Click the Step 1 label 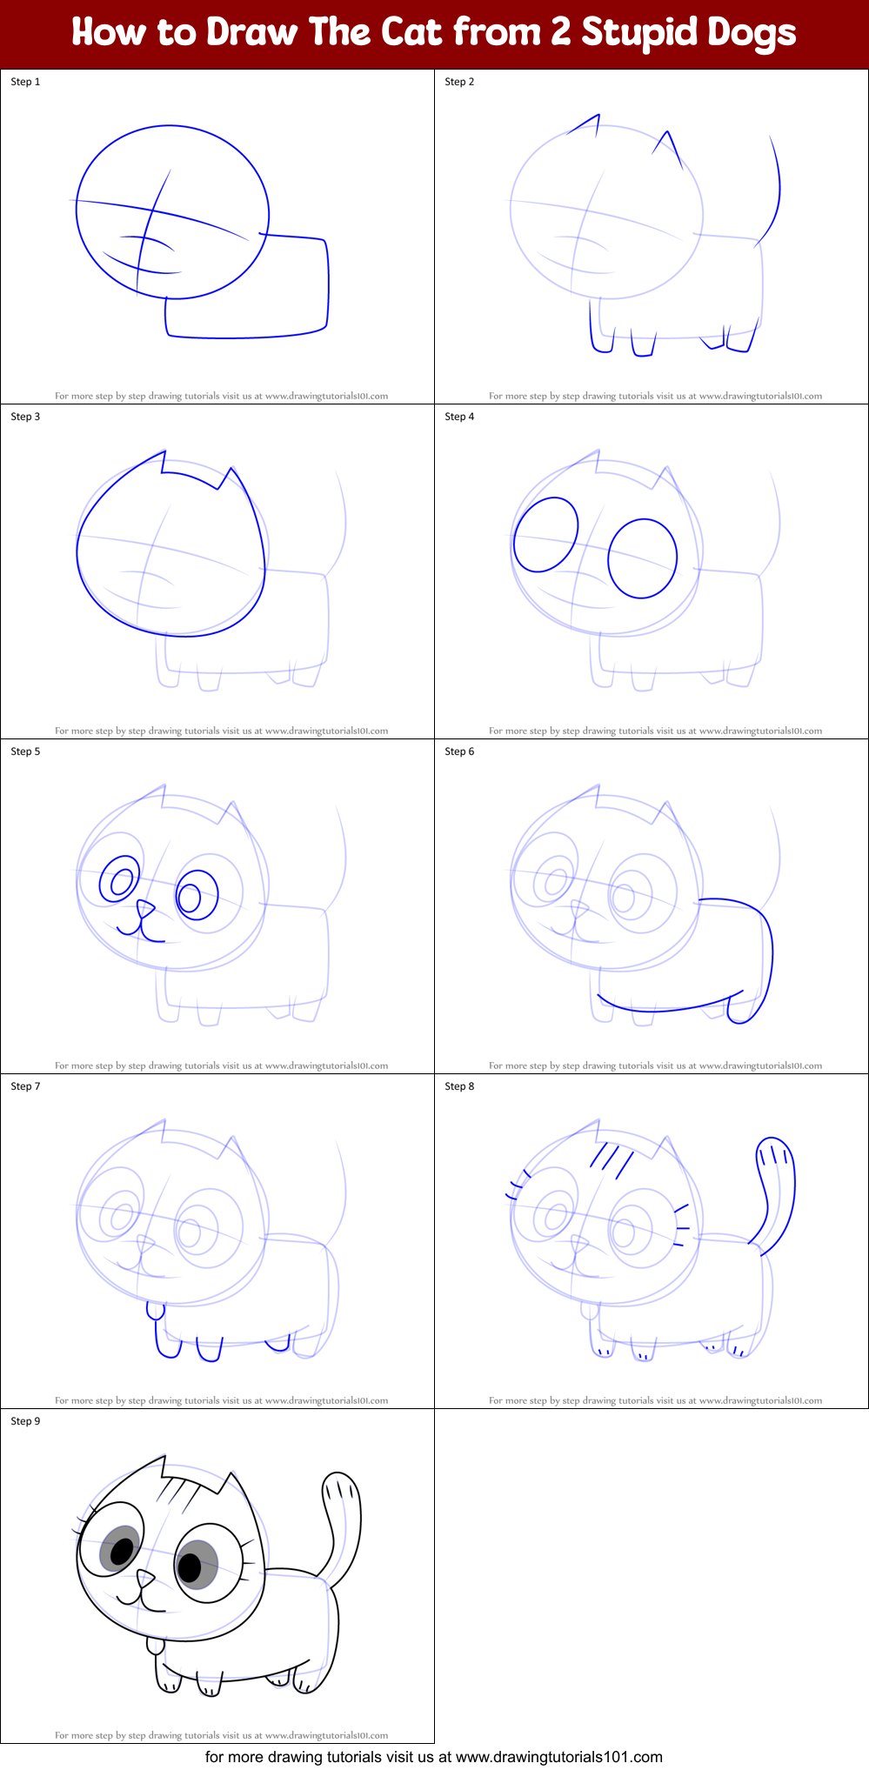tap(25, 82)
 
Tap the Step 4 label tap(459, 417)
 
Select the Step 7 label tap(25, 1086)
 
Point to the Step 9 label tap(25, 1421)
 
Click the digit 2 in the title tap(561, 33)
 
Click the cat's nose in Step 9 tap(145, 1578)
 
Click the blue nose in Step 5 tap(145, 910)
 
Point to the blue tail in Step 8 tap(777, 1192)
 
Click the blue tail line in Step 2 tap(773, 191)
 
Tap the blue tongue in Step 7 tap(155, 1310)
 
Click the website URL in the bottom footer tap(558, 1757)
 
